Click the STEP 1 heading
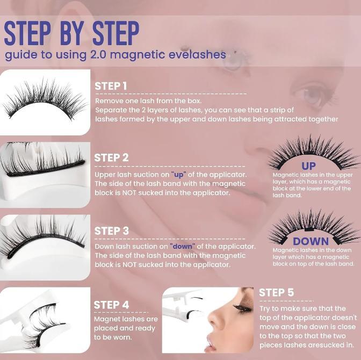click(x=111, y=86)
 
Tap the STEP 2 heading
click(x=111, y=157)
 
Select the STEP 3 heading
click(x=111, y=231)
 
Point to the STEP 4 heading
click(x=111, y=305)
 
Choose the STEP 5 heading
click(x=276, y=293)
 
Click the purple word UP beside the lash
click(x=308, y=166)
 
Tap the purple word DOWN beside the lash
click(x=311, y=241)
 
